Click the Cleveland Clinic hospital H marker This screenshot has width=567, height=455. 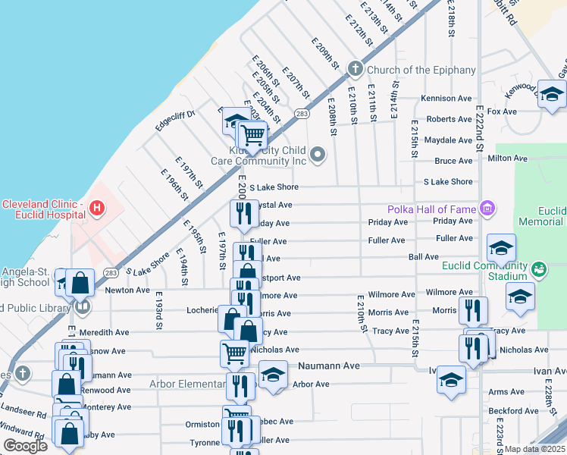[x=96, y=207]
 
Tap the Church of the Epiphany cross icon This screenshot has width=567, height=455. [x=354, y=70]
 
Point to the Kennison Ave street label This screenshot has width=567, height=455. [x=446, y=99]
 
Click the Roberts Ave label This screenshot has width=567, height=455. [x=449, y=119]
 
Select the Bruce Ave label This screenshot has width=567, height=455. [x=453, y=161]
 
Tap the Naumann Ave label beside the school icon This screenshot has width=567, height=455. [x=328, y=366]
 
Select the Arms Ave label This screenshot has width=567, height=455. [x=506, y=392]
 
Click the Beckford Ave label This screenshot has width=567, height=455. [x=512, y=411]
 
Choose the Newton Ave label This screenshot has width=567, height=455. [x=127, y=290]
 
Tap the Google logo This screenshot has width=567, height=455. [x=25, y=446]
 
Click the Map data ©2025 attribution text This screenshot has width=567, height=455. [x=534, y=449]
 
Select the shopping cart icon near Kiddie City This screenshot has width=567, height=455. [x=252, y=135]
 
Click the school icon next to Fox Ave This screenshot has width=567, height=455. [x=552, y=94]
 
